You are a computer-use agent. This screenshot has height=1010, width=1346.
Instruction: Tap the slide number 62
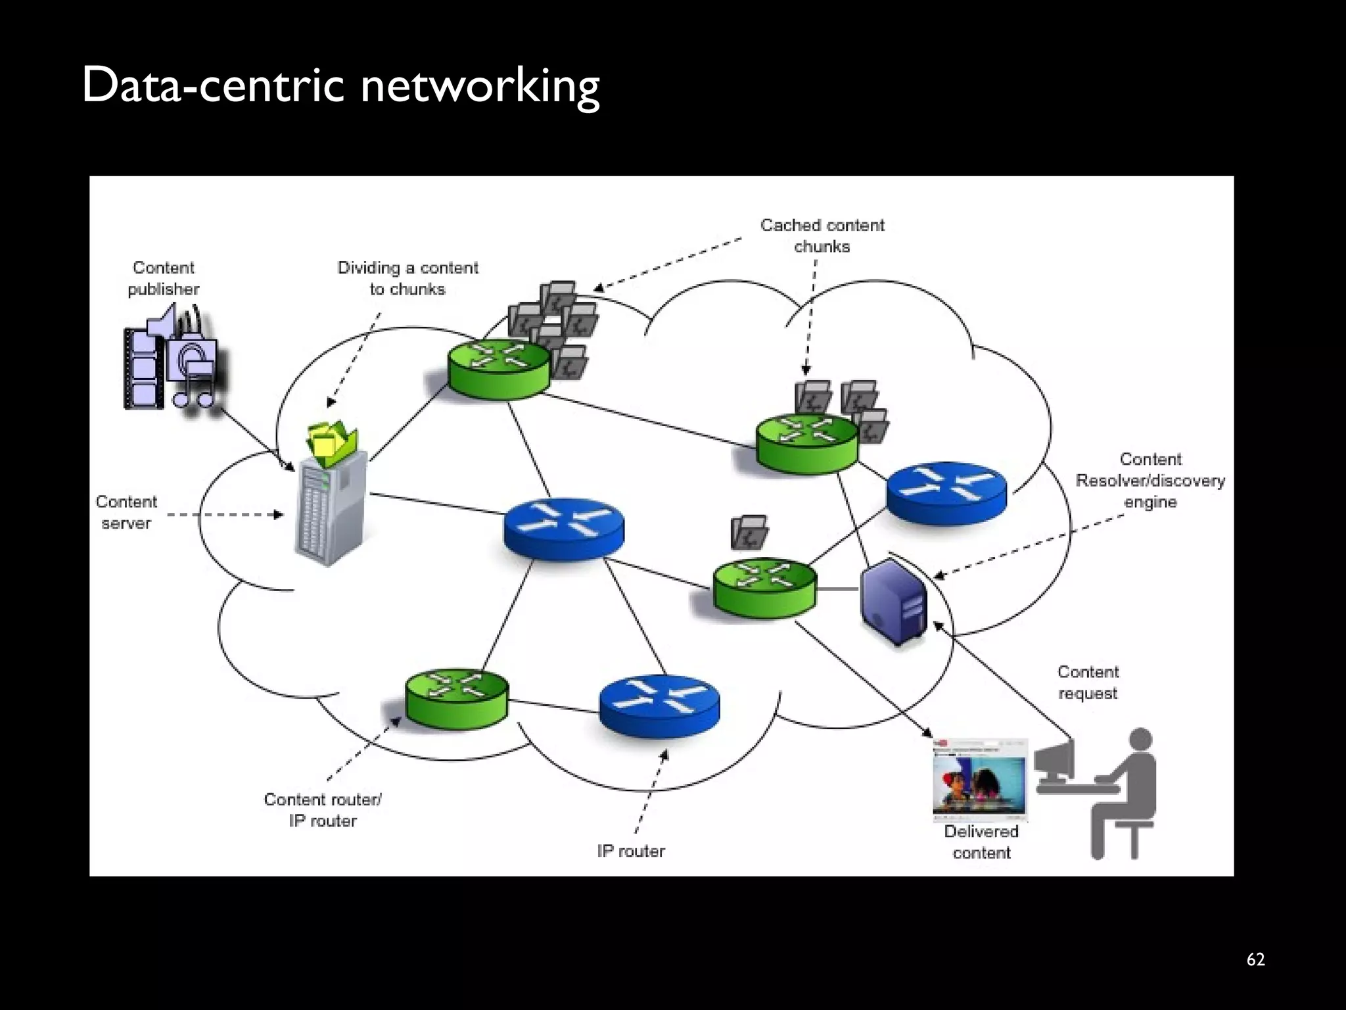(1255, 959)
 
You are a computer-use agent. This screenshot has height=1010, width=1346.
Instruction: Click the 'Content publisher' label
(163, 278)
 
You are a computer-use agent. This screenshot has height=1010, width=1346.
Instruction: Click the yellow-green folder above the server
(333, 439)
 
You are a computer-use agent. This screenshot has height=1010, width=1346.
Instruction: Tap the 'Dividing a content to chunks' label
(407, 278)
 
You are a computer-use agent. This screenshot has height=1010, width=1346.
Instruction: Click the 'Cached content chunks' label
(822, 235)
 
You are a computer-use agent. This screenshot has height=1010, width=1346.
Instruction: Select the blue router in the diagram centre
(564, 528)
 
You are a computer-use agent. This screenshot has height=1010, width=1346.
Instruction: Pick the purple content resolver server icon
(894, 600)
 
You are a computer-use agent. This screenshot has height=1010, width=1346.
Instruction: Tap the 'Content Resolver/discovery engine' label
(1149, 481)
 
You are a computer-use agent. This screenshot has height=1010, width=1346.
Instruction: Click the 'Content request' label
(1088, 683)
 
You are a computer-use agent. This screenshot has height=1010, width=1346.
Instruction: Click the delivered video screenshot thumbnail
(979, 780)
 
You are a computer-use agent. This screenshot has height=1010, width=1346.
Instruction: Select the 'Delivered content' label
(981, 842)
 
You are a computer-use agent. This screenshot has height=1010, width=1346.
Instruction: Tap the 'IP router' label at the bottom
(631, 851)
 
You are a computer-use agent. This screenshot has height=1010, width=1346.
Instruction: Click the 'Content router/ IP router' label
(323, 810)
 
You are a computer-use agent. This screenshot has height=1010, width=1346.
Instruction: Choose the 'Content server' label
(126, 512)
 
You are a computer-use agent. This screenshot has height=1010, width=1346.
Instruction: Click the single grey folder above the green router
(749, 532)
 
